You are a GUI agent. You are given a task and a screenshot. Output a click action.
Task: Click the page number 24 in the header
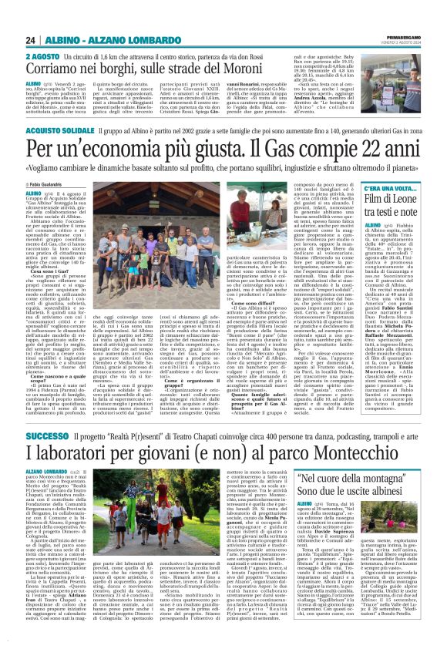pyautogui.click(x=31, y=41)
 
